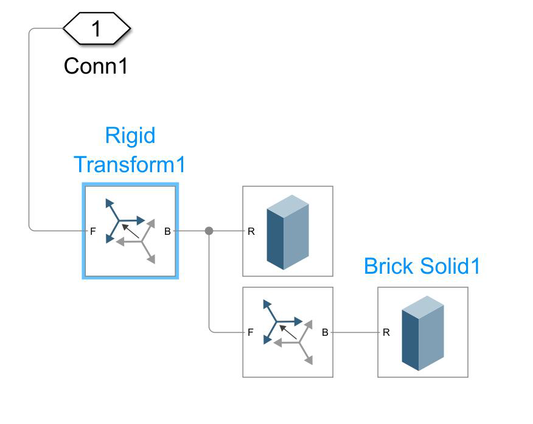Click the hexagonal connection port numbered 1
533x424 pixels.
point(97,29)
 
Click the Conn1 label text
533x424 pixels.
point(96,66)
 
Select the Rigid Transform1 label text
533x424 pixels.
point(130,150)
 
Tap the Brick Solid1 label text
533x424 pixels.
point(422,266)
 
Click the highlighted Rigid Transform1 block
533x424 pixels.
point(130,232)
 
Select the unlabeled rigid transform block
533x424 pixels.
point(288,332)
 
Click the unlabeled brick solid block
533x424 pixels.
point(288,231)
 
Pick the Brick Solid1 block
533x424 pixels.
point(423,332)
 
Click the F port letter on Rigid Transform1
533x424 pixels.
point(93,231)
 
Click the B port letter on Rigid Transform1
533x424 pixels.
point(167,231)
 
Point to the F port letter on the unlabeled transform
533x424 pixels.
point(250,332)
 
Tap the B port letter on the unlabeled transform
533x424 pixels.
point(325,332)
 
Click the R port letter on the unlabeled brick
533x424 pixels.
point(251,231)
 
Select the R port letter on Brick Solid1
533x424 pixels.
point(386,332)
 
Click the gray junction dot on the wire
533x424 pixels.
point(209,231)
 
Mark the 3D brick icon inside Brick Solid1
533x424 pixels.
point(423,333)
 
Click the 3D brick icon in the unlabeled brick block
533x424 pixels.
point(288,232)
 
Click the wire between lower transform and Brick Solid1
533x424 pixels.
point(355,332)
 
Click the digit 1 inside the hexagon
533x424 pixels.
point(97,29)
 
